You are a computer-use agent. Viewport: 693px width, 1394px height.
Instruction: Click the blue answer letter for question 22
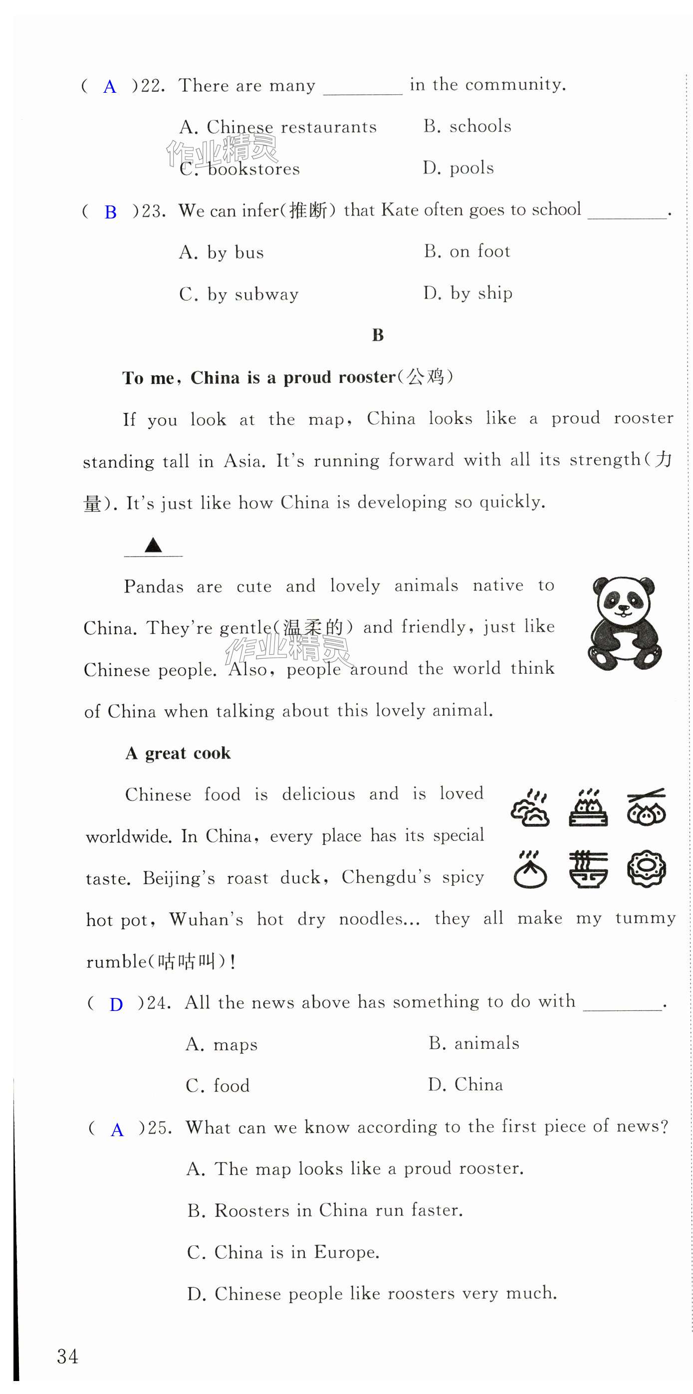[109, 87]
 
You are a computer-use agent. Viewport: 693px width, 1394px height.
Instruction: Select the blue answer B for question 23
[110, 212]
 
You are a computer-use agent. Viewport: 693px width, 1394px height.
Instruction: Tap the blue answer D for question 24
[116, 1004]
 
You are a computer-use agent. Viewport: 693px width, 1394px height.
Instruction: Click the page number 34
[68, 1357]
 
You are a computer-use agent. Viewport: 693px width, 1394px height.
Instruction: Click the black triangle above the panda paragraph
[153, 545]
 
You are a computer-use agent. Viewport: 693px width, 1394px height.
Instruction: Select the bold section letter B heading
[377, 336]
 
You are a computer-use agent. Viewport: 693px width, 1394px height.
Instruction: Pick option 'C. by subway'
[239, 294]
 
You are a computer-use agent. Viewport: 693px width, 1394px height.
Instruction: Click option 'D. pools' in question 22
[458, 168]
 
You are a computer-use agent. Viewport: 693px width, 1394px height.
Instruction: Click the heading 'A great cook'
[178, 753]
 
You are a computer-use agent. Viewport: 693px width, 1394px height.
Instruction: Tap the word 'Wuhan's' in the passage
[206, 919]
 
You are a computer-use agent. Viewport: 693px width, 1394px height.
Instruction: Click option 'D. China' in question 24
[465, 1084]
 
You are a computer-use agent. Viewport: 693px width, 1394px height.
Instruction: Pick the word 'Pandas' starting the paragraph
[154, 587]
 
